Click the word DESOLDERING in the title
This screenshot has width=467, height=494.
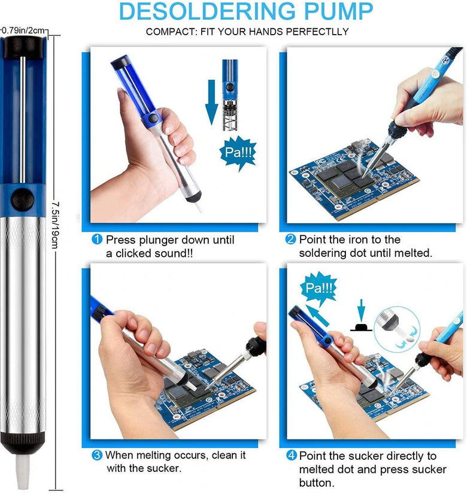tap(208, 11)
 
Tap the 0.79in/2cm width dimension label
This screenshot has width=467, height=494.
tap(23, 31)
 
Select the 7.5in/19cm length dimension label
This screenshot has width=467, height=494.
tap(54, 225)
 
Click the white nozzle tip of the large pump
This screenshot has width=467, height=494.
tap(22, 472)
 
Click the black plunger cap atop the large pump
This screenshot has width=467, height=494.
tap(23, 47)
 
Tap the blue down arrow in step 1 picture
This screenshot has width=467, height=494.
tap(211, 102)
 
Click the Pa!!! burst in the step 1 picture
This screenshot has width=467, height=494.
tap(238, 153)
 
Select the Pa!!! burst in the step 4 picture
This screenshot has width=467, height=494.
tap(319, 288)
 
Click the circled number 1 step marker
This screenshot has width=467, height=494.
tap(97, 240)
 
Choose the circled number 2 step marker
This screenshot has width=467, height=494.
tap(290, 240)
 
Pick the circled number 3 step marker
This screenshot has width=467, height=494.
tap(97, 455)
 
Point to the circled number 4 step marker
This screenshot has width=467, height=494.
tap(292, 455)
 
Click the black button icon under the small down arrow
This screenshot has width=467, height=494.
tap(361, 327)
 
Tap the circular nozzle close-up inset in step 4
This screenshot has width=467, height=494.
tap(397, 329)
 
